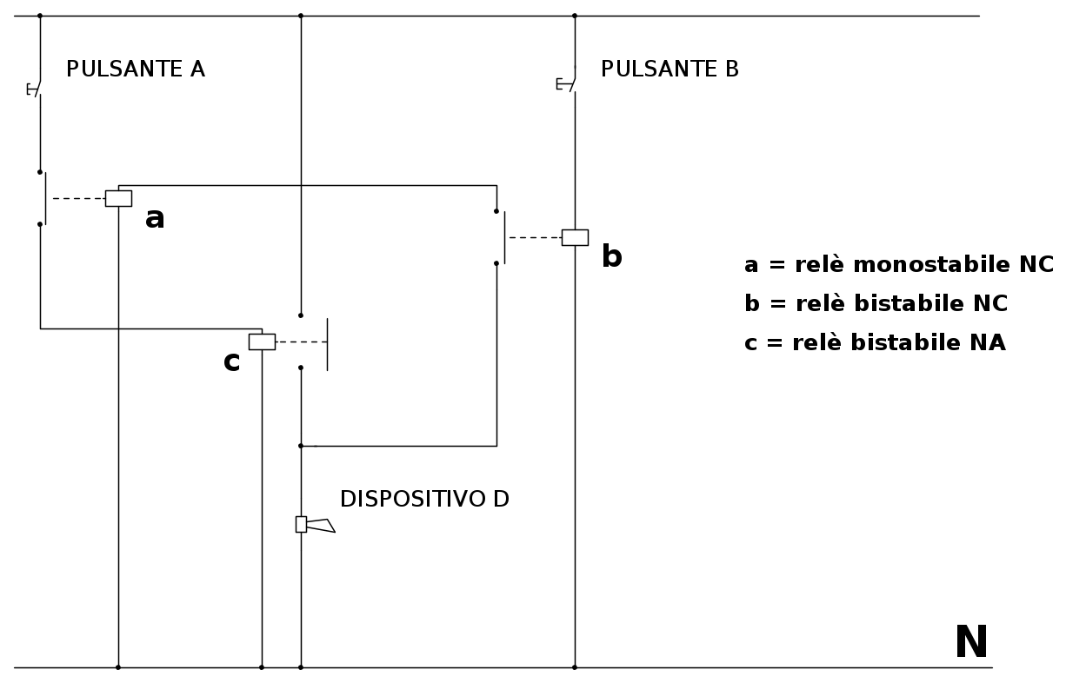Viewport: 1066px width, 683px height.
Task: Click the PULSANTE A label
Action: pyautogui.click(x=136, y=69)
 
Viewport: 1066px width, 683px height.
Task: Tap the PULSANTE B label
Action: pyautogui.click(x=670, y=69)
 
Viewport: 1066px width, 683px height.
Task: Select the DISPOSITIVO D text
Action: pyautogui.click(x=424, y=500)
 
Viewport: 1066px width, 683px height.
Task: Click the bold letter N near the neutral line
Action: pyautogui.click(x=971, y=642)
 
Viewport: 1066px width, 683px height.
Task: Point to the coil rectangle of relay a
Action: pyautogui.click(x=118, y=198)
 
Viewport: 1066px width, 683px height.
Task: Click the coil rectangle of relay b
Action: pyautogui.click(x=575, y=237)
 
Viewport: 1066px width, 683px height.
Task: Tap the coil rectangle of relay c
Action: pyautogui.click(x=262, y=342)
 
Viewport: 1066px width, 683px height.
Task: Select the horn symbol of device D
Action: pyautogui.click(x=315, y=525)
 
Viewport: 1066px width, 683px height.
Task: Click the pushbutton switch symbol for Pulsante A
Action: pyautogui.click(x=34, y=89)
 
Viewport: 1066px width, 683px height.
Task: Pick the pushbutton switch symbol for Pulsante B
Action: pyautogui.click(x=566, y=83)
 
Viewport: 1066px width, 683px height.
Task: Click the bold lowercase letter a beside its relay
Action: pyautogui.click(x=155, y=218)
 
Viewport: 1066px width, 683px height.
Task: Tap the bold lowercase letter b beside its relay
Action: pyautogui.click(x=612, y=255)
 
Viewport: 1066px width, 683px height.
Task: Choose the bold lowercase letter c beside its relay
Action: pyautogui.click(x=232, y=361)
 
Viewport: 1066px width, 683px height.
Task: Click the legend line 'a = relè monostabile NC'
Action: pyautogui.click(x=899, y=264)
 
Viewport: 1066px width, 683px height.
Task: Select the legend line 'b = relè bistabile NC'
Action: pyautogui.click(x=876, y=303)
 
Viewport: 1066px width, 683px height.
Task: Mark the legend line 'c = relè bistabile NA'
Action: pyautogui.click(x=876, y=342)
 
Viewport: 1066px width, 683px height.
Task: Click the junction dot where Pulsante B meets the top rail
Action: pyautogui.click(x=575, y=16)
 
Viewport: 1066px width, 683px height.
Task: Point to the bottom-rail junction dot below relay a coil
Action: pyautogui.click(x=118, y=667)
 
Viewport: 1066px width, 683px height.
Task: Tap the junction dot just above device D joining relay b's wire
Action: pyautogui.click(x=300, y=446)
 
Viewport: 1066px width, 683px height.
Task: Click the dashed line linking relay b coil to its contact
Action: pyautogui.click(x=536, y=237)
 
